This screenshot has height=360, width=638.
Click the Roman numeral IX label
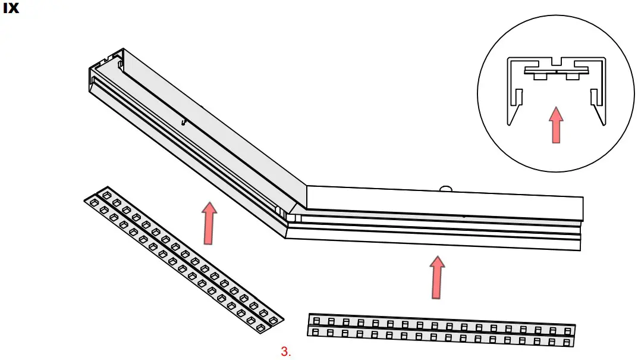[11, 10]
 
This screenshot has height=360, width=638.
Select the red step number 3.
[285, 351]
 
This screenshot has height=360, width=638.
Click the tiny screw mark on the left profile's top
[186, 121]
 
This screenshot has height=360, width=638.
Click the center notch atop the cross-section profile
[555, 62]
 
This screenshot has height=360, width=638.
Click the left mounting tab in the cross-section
[540, 76]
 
